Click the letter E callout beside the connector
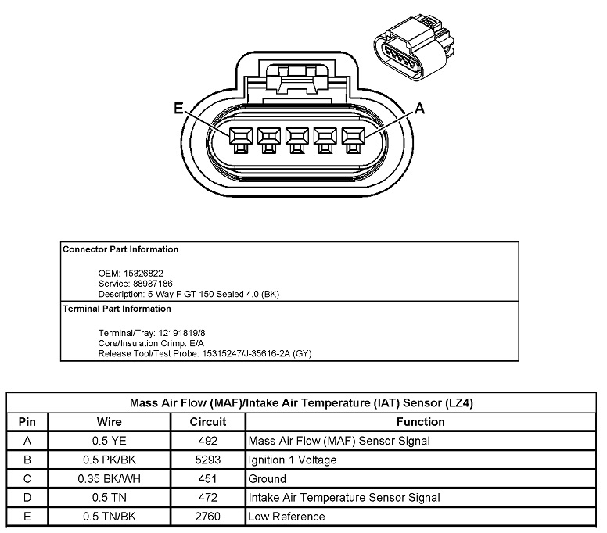click(179, 110)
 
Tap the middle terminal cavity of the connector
click(296, 139)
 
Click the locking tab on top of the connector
click(296, 78)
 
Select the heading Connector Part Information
click(120, 250)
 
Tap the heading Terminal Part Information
click(117, 309)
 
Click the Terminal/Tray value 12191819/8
click(171, 332)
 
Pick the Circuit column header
click(208, 422)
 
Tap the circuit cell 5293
click(208, 460)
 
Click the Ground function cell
click(267, 478)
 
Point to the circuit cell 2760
click(208, 516)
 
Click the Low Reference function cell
click(286, 516)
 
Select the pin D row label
click(27, 497)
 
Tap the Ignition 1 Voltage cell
click(293, 460)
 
